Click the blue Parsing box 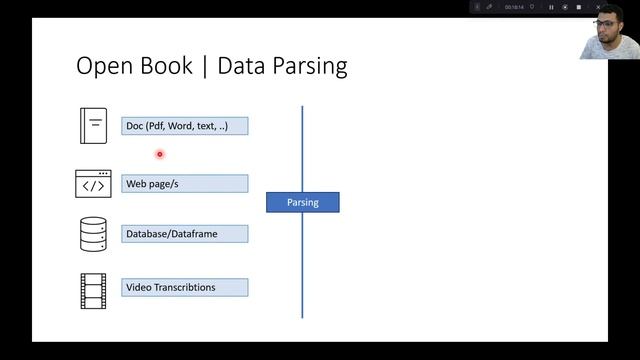(x=302, y=202)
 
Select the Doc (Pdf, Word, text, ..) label (x=185, y=126)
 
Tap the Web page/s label (x=185, y=184)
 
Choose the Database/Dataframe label (x=185, y=234)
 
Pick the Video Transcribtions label (x=185, y=288)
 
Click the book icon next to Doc (x=93, y=125)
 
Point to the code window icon (x=93, y=184)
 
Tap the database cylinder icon (x=93, y=234)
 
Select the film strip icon (x=93, y=290)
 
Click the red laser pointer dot (x=159, y=154)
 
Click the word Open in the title (x=104, y=67)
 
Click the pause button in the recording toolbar (x=551, y=7)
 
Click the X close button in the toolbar (x=598, y=7)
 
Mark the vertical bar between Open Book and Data (x=207, y=67)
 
